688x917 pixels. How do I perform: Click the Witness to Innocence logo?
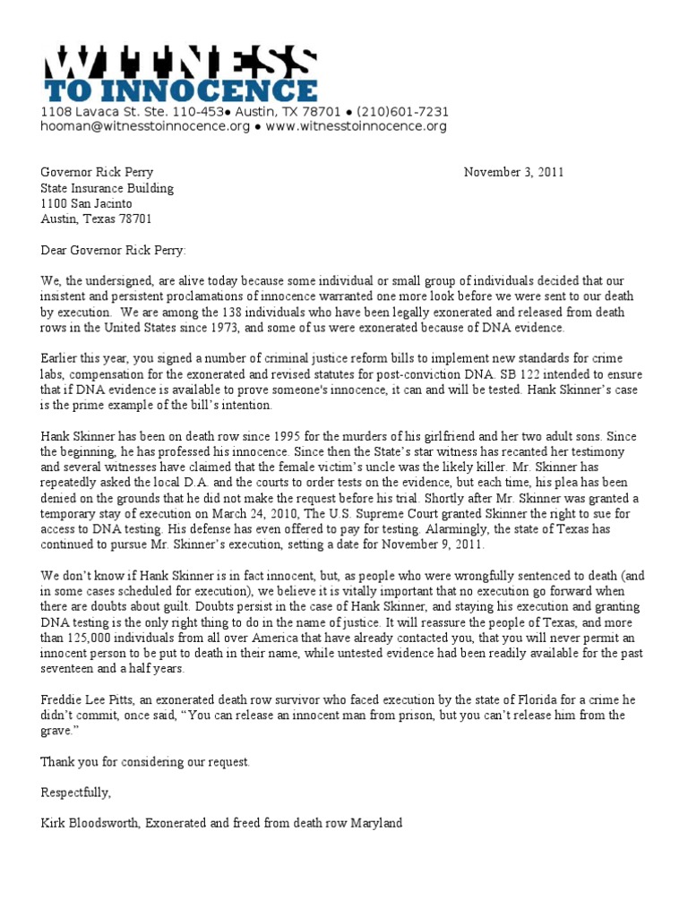point(179,73)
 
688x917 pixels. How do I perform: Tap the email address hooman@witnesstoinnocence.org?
point(145,126)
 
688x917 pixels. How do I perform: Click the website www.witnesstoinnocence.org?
point(357,126)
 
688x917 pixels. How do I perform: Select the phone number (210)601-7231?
point(402,112)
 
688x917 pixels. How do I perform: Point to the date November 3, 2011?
point(513,173)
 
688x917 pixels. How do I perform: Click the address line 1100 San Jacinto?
point(86,203)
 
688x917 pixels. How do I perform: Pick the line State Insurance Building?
point(107,188)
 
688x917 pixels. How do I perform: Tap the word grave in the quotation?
point(56,731)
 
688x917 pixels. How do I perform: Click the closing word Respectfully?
point(75,793)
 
